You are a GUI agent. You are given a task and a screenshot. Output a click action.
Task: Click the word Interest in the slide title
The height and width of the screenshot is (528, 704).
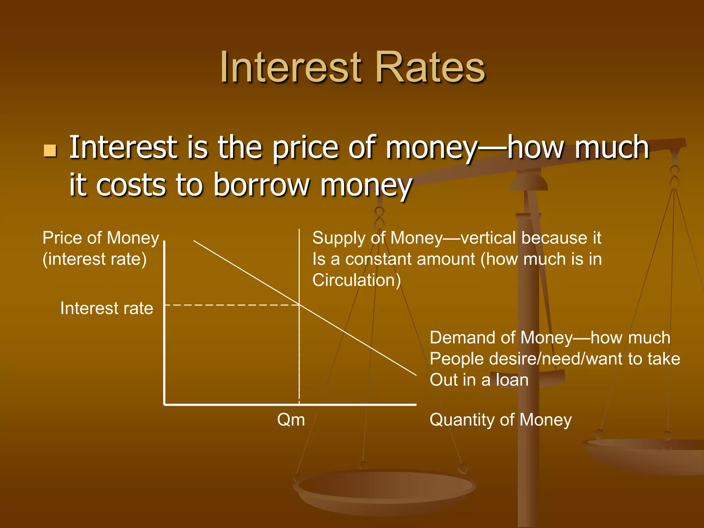(x=291, y=67)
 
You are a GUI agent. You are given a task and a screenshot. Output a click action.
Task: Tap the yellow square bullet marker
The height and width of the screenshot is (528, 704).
(x=50, y=151)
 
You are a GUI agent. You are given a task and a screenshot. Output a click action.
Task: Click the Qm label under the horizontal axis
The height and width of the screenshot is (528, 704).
(x=291, y=420)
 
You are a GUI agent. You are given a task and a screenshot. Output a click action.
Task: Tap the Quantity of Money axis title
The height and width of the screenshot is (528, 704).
(x=500, y=420)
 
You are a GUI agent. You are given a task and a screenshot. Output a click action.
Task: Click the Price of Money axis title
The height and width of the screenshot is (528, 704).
(x=101, y=238)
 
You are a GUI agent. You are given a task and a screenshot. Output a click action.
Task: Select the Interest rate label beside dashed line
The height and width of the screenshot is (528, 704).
(x=107, y=308)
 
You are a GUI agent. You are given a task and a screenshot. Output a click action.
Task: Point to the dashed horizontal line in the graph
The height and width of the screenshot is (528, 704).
(x=230, y=305)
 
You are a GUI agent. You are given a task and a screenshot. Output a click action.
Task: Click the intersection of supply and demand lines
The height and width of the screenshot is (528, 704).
(x=299, y=305)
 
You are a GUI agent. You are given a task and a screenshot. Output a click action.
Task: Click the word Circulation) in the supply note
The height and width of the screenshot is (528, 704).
(x=356, y=280)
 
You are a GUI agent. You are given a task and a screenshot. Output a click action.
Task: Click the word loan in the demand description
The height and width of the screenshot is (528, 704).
(x=512, y=380)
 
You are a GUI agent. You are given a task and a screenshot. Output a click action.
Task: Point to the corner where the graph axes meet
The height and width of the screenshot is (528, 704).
(x=165, y=405)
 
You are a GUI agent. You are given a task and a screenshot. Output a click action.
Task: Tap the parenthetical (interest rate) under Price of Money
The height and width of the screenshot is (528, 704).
(x=95, y=259)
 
